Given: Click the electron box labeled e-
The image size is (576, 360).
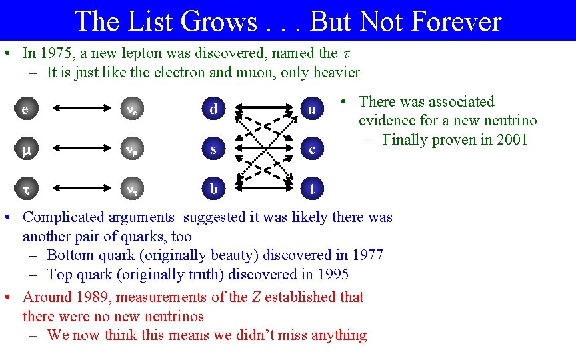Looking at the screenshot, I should (25, 109).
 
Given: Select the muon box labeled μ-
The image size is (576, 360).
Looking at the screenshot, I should (25, 149).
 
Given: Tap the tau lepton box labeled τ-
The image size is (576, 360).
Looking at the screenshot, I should (25, 189).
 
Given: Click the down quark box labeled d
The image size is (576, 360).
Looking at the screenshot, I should (213, 109).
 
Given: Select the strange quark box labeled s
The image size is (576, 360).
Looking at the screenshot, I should (213, 149).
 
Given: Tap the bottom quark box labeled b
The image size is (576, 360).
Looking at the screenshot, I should (213, 189).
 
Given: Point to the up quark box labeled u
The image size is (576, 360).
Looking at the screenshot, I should (312, 109).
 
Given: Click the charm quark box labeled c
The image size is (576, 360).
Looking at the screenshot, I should (312, 149).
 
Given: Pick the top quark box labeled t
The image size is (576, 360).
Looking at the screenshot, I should (312, 189).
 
